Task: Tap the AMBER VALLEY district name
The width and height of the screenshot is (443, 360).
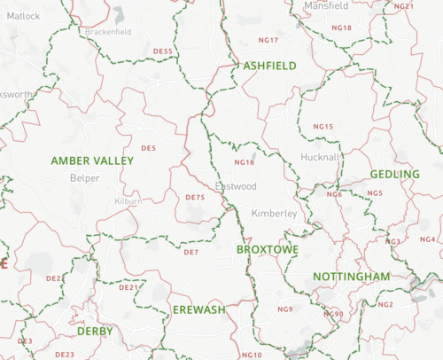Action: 92,160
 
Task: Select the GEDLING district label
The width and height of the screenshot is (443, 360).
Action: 395,174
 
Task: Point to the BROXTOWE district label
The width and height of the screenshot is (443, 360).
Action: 268,251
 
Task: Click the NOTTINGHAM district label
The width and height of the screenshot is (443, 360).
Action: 352,278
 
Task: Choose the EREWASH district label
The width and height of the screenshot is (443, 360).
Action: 199,309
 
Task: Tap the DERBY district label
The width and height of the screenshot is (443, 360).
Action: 95,331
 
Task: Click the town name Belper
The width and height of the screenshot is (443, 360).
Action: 85,177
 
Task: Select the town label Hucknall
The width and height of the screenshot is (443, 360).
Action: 320,157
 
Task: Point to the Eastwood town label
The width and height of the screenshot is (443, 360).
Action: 236,187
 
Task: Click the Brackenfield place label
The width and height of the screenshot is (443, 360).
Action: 108,31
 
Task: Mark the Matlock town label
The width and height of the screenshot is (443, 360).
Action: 24,16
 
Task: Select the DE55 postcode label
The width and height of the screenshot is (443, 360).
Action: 163,51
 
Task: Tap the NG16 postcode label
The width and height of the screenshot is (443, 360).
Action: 244,163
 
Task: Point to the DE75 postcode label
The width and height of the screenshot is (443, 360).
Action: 195,197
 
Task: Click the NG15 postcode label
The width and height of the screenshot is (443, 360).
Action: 323,127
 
